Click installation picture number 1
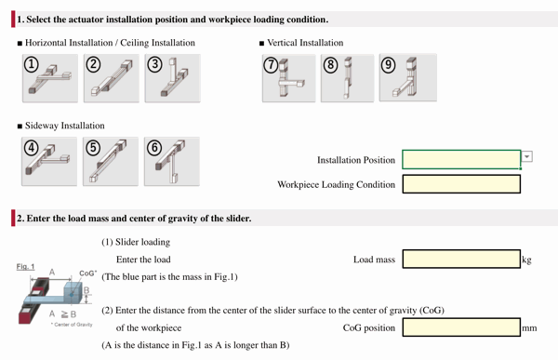50,78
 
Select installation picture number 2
112,78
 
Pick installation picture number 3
172,78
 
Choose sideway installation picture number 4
50,161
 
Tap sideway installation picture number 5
112,161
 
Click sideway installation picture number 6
172,161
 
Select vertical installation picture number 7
289,78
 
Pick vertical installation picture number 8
348,78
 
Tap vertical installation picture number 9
407,78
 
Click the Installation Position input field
460,160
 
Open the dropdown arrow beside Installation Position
527,157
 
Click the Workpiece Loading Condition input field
460,184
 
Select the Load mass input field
460,260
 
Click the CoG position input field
460,327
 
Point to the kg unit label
527,260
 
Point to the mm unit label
529,328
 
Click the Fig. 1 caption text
26,266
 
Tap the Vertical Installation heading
305,43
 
